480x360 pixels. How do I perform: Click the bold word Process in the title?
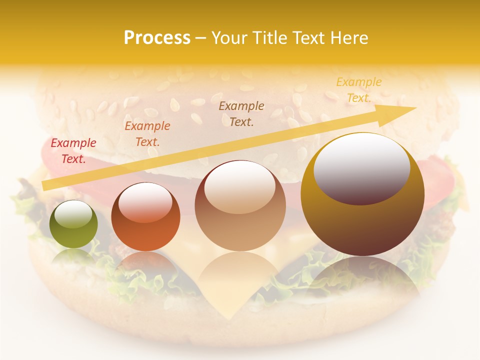(x=157, y=38)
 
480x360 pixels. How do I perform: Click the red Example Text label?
(x=73, y=151)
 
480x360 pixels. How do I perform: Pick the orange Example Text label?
(x=147, y=133)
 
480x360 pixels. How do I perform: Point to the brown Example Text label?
(x=241, y=113)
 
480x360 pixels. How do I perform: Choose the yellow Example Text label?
(x=359, y=90)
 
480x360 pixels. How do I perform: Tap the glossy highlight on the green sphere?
(x=73, y=214)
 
